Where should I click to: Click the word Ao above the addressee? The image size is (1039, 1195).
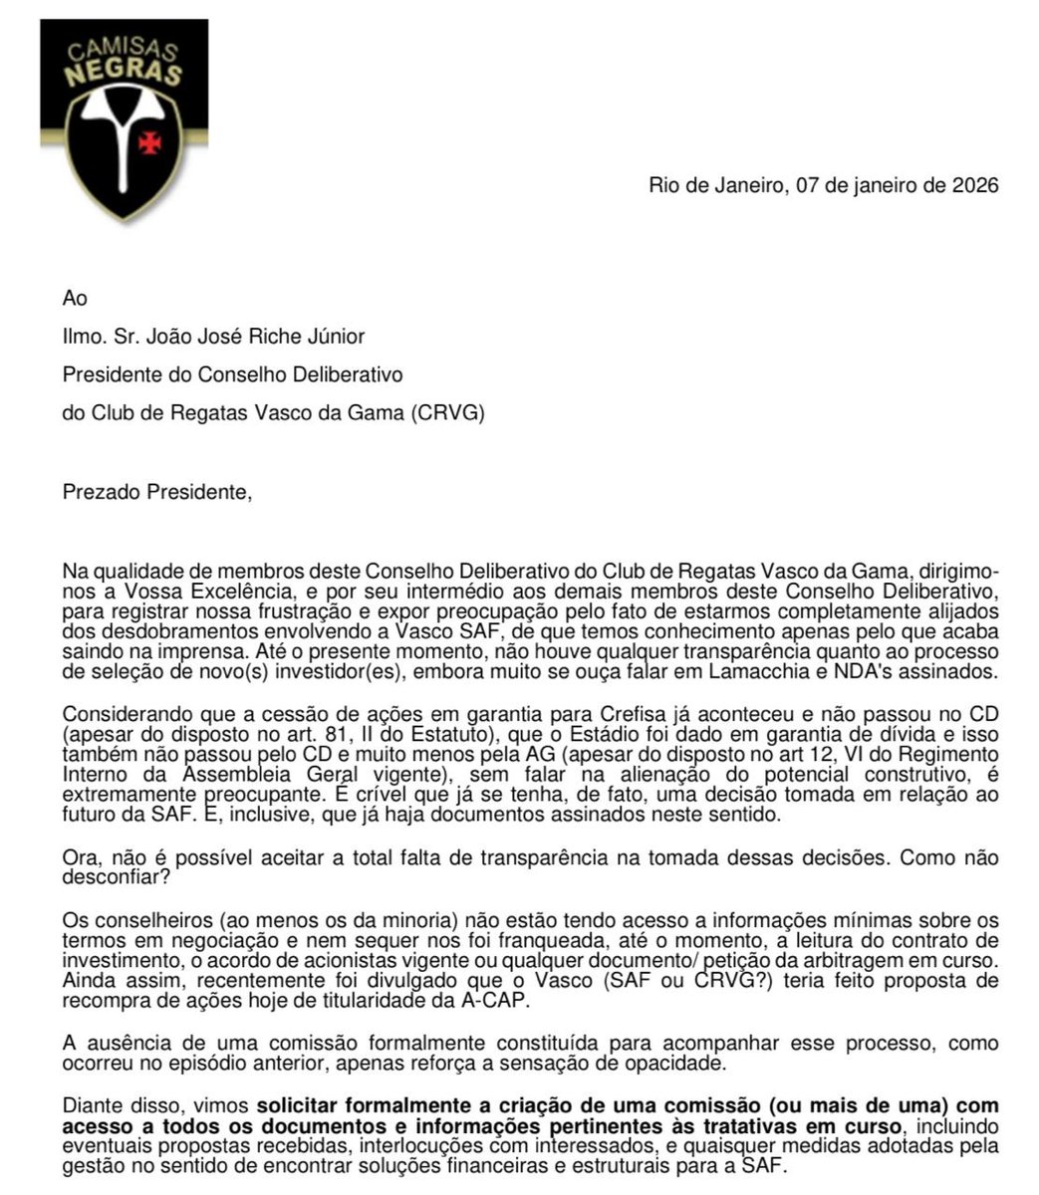pos(75,299)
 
